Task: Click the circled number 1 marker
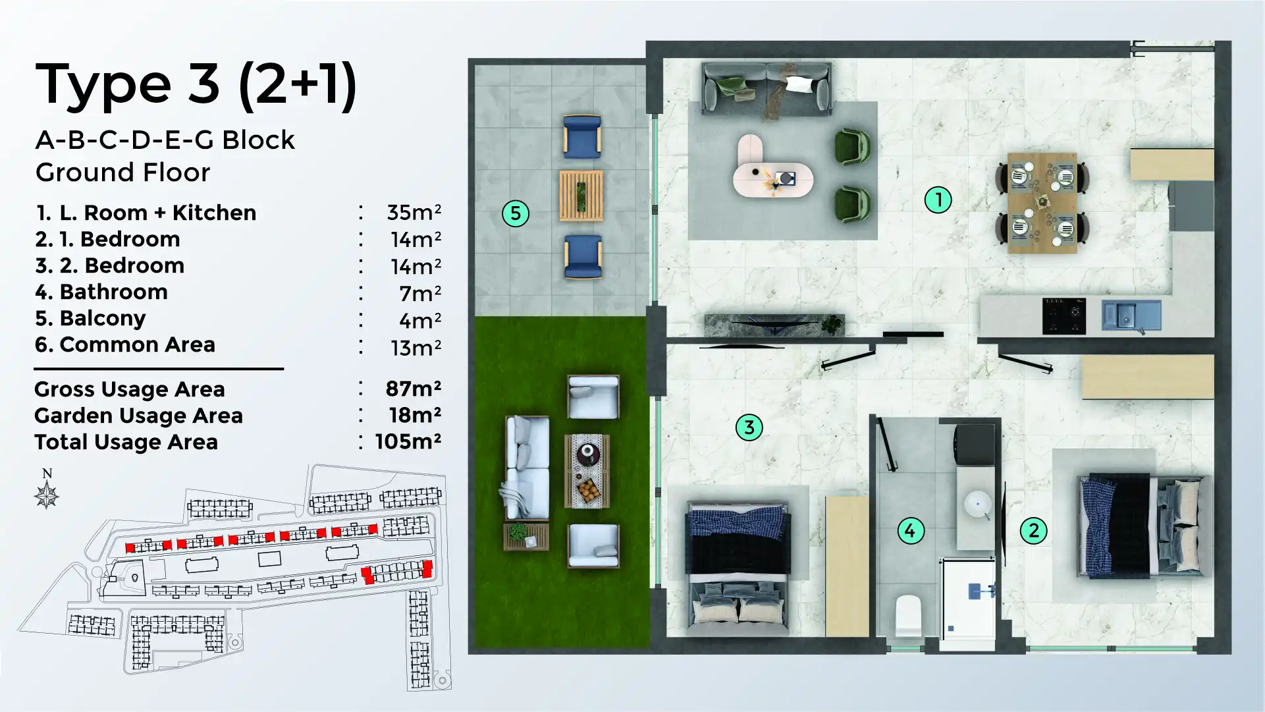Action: [938, 200]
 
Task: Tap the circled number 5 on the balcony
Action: [516, 213]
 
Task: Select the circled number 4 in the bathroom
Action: [911, 530]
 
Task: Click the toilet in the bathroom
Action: [909, 615]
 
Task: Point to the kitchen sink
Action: [1131, 315]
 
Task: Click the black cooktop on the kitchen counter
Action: [1063, 315]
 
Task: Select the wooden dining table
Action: [1042, 203]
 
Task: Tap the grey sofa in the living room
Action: [767, 88]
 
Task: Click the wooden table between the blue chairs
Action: [581, 196]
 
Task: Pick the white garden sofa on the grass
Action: [527, 468]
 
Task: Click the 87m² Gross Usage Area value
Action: [413, 389]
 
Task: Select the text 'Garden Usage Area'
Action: [138, 416]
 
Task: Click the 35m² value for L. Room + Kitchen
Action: [414, 212]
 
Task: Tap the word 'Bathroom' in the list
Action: [113, 292]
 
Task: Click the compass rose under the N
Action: [47, 495]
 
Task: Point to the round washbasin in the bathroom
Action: [977, 504]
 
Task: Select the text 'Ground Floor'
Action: [122, 173]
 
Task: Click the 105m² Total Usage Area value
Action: [408, 441]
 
